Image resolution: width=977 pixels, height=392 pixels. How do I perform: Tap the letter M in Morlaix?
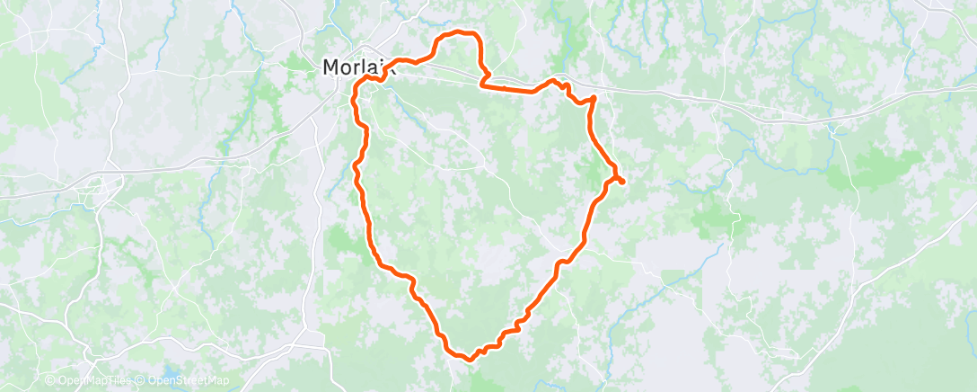tap(331, 67)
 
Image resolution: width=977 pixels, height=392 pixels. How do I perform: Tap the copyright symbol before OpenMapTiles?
tap(50, 381)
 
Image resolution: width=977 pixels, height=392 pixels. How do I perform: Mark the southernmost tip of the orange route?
tap(468, 360)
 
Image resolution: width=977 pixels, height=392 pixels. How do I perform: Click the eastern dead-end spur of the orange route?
tap(621, 183)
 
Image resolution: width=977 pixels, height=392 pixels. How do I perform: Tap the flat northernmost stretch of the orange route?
tap(458, 32)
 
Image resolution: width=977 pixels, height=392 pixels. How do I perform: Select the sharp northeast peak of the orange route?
tap(594, 97)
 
